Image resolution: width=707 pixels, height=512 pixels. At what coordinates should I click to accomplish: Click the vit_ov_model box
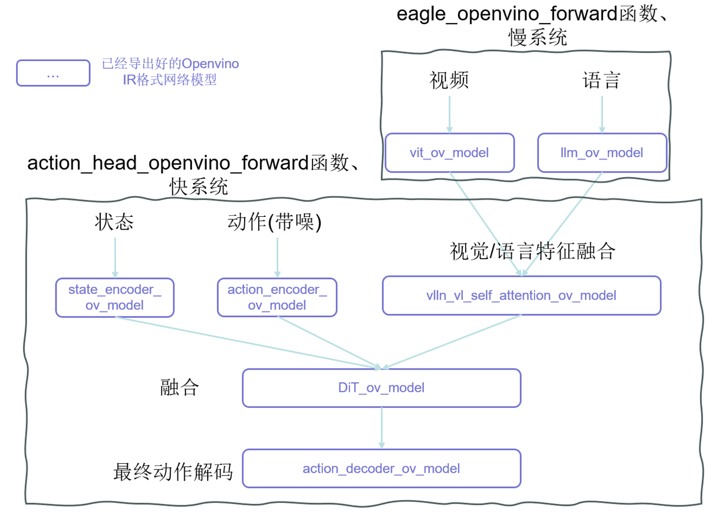(x=450, y=152)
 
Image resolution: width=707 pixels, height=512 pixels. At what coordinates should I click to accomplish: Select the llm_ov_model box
(x=602, y=152)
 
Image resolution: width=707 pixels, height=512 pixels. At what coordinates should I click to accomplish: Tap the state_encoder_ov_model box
(x=115, y=297)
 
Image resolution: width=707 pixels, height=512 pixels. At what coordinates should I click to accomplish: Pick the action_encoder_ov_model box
(x=277, y=297)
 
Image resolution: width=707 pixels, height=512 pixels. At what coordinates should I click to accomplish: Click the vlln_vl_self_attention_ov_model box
(x=521, y=295)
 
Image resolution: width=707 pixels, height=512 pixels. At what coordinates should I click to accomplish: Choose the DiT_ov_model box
(x=381, y=388)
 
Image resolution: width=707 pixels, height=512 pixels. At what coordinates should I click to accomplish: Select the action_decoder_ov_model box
(x=381, y=468)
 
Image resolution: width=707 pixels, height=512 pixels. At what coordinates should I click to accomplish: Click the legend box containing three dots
(x=53, y=73)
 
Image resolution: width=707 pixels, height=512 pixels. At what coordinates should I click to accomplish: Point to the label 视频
(x=449, y=81)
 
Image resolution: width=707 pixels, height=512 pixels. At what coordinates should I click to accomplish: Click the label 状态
(x=114, y=223)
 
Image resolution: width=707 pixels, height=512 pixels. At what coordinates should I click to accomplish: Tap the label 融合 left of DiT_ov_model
(x=179, y=388)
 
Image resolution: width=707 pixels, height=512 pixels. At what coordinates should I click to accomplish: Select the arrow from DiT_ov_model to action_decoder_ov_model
(x=381, y=427)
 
